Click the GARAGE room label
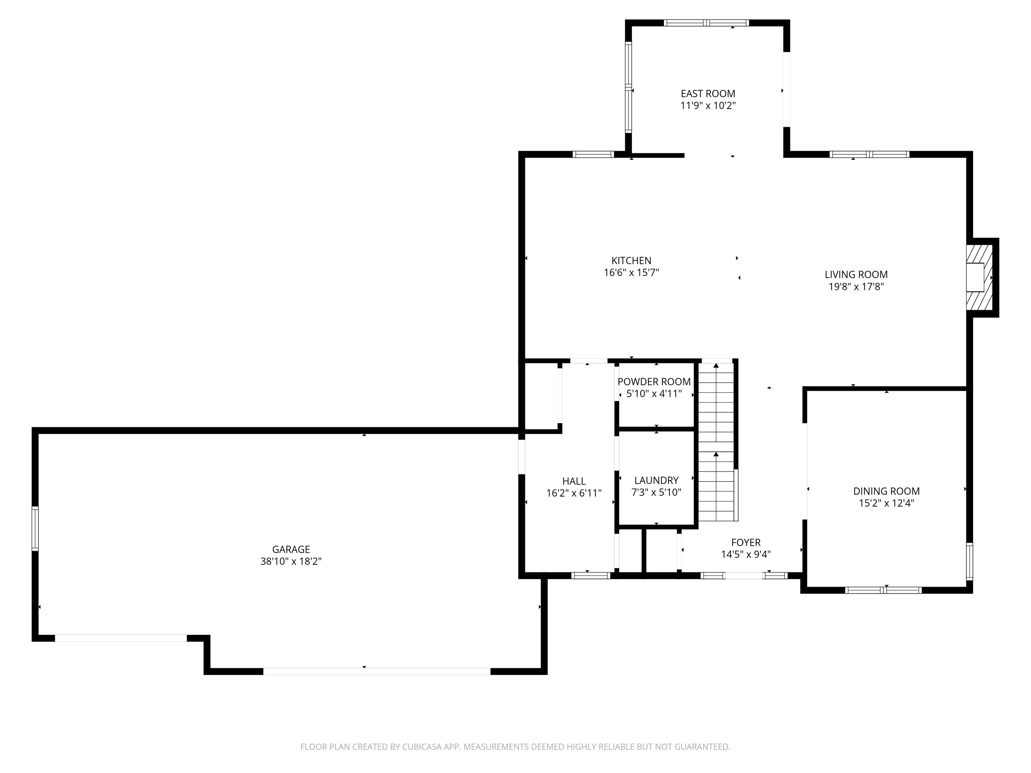[x=291, y=549]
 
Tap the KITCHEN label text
[x=631, y=260]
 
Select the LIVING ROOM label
[x=856, y=275]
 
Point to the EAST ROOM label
[x=708, y=94]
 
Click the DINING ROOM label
[x=886, y=491]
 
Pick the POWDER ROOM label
[x=654, y=382]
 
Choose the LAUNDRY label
[x=656, y=480]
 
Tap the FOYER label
[x=746, y=542]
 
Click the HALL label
[x=574, y=481]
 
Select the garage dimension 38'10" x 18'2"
[x=291, y=561]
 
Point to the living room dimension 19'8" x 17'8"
[x=856, y=287]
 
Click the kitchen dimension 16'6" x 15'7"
[x=631, y=272]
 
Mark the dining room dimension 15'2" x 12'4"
[x=886, y=503]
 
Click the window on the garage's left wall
[x=35, y=528]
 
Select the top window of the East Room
[x=706, y=23]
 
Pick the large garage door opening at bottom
[x=377, y=671]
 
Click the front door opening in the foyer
[x=744, y=575]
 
